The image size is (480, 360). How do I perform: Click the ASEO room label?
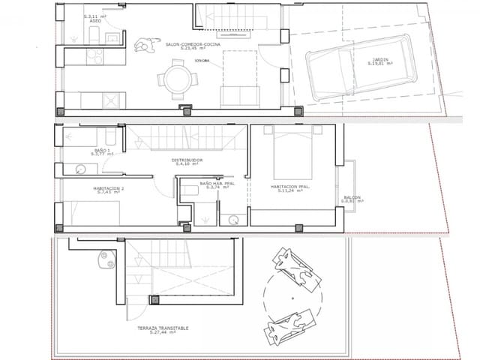pyautogui.click(x=95, y=22)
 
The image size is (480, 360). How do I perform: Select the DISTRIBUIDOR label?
pyautogui.click(x=187, y=160)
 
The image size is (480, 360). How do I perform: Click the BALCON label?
pyautogui.click(x=352, y=198)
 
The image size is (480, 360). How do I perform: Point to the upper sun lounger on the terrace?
pyautogui.click(x=295, y=269)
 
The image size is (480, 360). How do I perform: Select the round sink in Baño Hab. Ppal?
pyautogui.click(x=235, y=220)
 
